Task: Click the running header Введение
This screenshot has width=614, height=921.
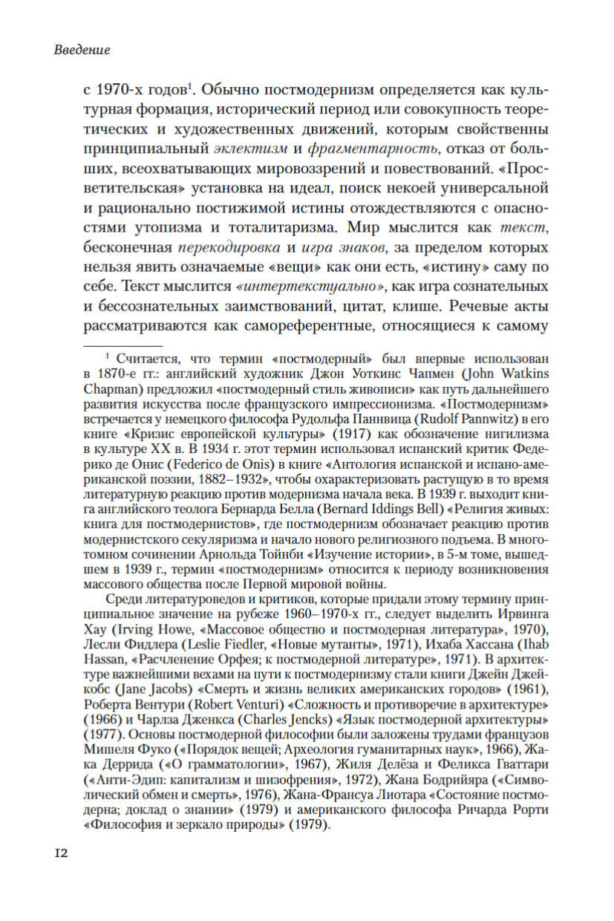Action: click(x=82, y=51)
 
